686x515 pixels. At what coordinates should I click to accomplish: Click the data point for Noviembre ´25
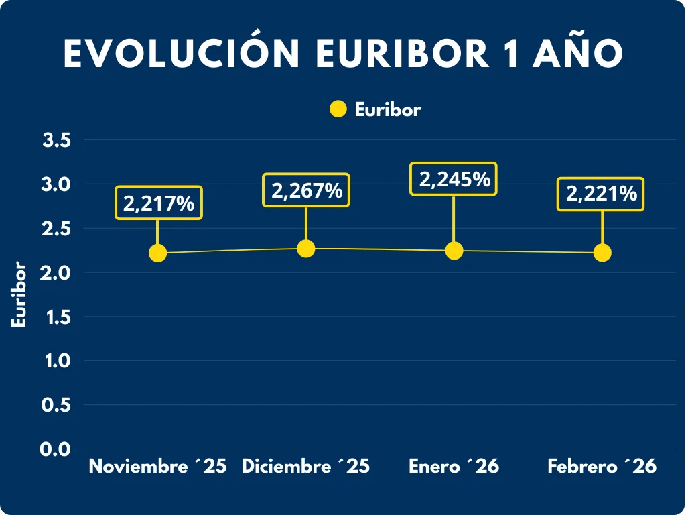(x=157, y=253)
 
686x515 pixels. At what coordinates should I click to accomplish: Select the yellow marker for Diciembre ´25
(x=305, y=249)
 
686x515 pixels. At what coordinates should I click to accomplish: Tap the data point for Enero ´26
(x=454, y=251)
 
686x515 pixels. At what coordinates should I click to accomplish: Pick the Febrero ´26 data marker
(x=602, y=253)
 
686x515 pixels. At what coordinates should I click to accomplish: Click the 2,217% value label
(x=159, y=203)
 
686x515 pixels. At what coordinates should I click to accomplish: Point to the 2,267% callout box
(x=306, y=190)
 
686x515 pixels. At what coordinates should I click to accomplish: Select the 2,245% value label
(x=454, y=179)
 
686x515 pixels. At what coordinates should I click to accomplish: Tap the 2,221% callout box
(x=602, y=194)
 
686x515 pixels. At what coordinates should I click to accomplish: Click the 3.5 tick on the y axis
(x=57, y=140)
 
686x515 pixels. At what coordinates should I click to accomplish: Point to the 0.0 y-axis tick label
(x=57, y=449)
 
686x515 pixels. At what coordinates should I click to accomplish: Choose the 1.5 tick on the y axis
(x=57, y=317)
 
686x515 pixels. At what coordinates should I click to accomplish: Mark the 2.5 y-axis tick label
(x=57, y=229)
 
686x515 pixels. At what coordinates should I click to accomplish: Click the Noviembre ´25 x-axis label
(x=157, y=467)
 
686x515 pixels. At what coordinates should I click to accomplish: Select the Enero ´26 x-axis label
(x=454, y=467)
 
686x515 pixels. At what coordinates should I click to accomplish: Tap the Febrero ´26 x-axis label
(x=602, y=467)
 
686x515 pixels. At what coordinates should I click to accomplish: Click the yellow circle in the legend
(x=338, y=109)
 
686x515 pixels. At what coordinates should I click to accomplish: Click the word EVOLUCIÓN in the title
(x=182, y=54)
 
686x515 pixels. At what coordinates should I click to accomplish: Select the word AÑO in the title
(x=577, y=54)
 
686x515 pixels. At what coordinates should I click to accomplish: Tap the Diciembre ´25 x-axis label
(x=305, y=467)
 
